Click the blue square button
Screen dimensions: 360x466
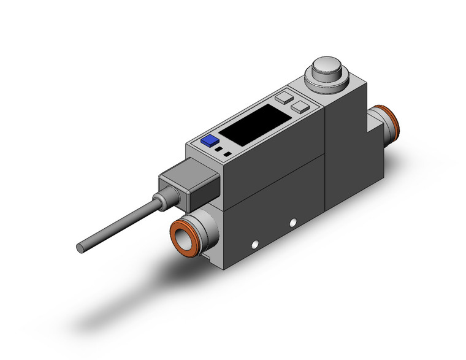pyautogui.click(x=210, y=140)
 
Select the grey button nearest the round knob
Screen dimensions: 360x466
pyautogui.click(x=300, y=107)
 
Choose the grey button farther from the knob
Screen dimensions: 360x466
pyautogui.click(x=284, y=97)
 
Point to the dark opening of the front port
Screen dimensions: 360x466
pyautogui.click(x=183, y=235)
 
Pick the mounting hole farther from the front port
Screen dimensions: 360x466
pyautogui.click(x=293, y=221)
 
